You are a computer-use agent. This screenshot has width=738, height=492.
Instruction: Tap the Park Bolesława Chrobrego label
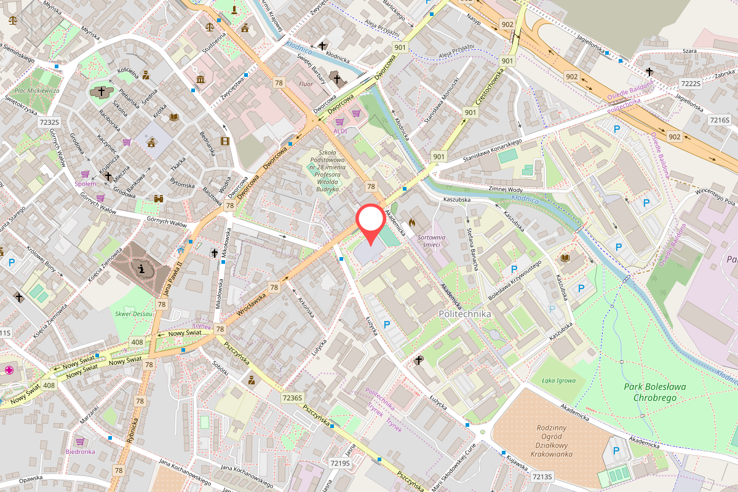654,392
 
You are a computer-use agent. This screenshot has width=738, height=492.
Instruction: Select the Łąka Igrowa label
558,380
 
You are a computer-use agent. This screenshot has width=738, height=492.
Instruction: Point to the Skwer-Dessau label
133,314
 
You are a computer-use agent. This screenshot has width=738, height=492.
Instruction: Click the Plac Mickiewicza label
36,90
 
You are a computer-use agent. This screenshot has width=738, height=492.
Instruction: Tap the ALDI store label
340,130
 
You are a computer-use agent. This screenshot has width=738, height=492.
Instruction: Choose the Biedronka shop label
80,451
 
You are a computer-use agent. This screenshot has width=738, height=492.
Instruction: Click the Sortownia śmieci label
430,240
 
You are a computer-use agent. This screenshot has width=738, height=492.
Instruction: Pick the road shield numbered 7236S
293,398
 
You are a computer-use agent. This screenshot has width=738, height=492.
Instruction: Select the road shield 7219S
339,463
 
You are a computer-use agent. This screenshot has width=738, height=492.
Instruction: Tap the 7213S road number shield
542,477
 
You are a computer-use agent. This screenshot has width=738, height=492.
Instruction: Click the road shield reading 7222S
691,84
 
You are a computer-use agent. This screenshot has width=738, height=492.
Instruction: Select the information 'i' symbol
142,268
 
